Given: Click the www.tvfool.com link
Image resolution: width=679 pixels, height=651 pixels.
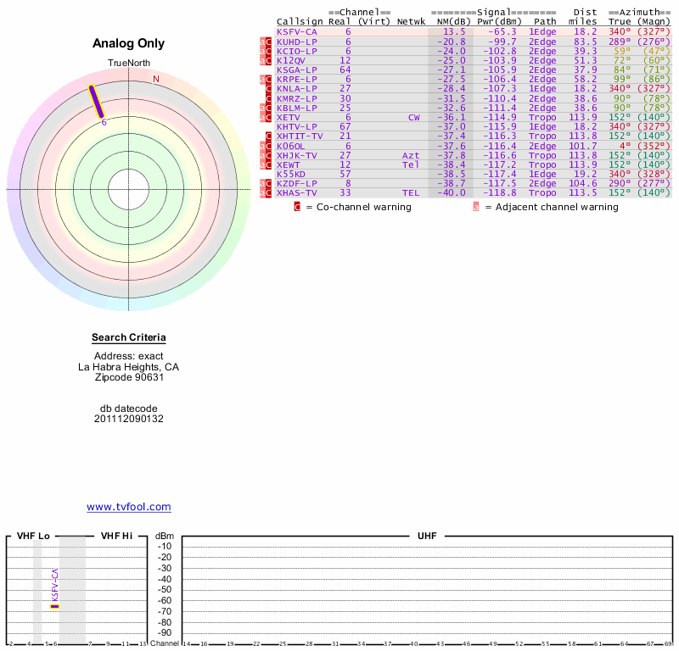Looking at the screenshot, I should tap(128, 507).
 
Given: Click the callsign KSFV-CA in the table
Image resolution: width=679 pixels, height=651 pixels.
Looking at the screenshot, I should tap(296, 31).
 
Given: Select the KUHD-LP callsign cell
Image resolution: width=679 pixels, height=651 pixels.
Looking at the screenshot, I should tap(296, 41).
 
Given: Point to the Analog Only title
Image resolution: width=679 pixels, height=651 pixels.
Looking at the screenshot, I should tap(128, 44).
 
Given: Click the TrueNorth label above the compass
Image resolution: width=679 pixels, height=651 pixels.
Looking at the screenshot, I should tap(128, 64).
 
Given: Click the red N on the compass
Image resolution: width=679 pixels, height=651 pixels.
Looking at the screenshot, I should tap(155, 80).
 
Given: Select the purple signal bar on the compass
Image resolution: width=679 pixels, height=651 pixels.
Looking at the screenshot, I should tap(97, 101).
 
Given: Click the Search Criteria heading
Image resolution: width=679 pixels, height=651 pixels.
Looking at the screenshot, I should tap(128, 338).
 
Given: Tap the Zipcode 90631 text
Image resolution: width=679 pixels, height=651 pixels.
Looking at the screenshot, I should tap(128, 377).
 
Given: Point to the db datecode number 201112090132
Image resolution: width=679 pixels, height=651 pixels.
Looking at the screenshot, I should tap(128, 419).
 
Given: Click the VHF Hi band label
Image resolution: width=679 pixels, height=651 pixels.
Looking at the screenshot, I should tap(116, 537).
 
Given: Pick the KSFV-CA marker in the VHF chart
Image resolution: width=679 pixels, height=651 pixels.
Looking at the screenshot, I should tap(55, 605).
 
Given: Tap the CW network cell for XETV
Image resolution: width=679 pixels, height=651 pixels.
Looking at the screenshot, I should tap(413, 117).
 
